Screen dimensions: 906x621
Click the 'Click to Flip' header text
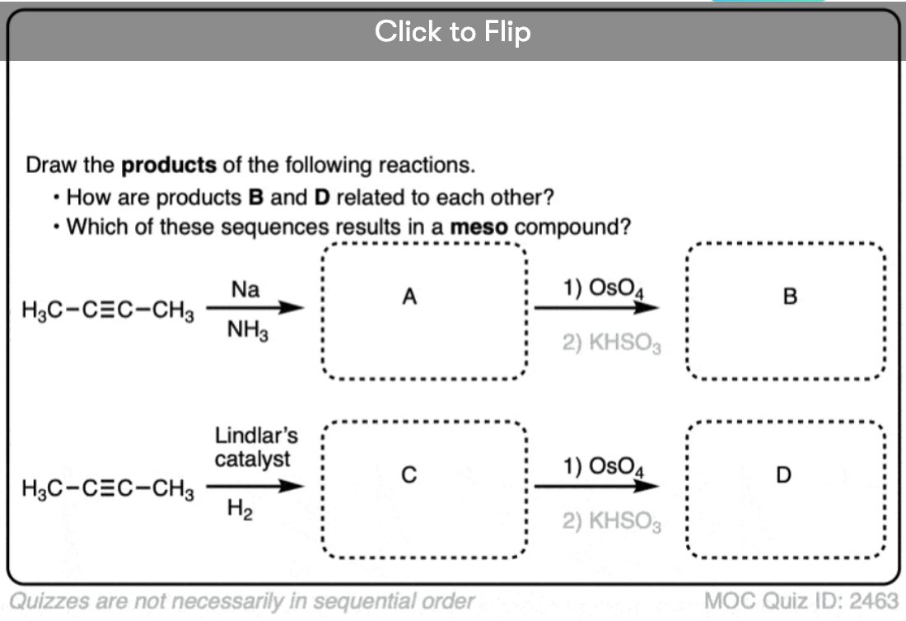pos(452,31)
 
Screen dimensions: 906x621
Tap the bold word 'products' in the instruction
pos(169,166)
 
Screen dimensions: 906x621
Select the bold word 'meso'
pos(479,227)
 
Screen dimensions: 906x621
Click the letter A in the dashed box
pos(409,296)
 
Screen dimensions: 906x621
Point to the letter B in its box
pos(790,296)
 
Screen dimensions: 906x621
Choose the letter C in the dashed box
pos(409,475)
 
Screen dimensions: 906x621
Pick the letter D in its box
pos(783,475)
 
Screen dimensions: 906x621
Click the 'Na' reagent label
pos(245,289)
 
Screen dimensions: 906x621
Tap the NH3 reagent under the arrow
pos(248,331)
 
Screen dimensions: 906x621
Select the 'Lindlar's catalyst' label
pos(256,447)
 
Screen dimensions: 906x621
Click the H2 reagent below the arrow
pos(240,509)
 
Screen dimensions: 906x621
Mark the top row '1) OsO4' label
pos(603,288)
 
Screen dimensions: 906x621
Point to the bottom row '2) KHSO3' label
pos(611,521)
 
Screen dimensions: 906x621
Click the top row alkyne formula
pos(108,310)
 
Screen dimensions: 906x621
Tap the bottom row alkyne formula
pos(108,489)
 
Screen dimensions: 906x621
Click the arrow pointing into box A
pos(255,307)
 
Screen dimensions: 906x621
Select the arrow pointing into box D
pos(596,486)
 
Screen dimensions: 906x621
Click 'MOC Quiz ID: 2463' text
pos(801,600)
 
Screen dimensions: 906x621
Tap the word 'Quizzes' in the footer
pos(50,601)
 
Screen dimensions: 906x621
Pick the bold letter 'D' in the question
pos(322,198)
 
